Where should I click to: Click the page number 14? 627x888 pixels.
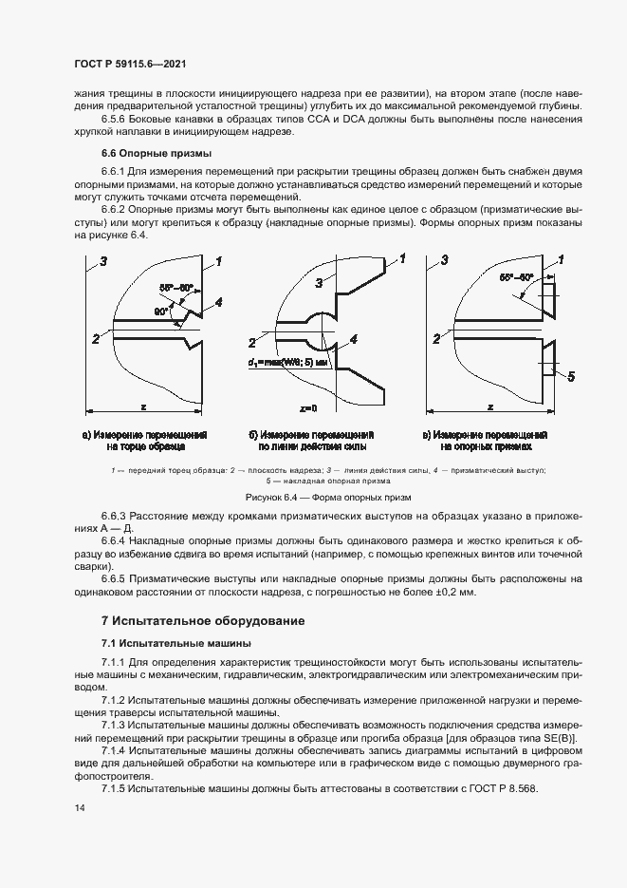coord(79,807)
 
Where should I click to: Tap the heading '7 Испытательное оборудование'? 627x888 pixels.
coord(203,621)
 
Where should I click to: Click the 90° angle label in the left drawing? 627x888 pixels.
coord(163,311)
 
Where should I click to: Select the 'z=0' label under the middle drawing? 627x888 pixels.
coord(308,407)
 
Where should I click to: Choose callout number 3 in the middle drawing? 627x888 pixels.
coord(320,282)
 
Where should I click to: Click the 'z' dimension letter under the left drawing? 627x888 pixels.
coord(143,406)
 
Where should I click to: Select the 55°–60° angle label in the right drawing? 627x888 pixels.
coord(517,277)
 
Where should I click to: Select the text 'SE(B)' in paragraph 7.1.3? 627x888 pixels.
coord(558,739)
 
